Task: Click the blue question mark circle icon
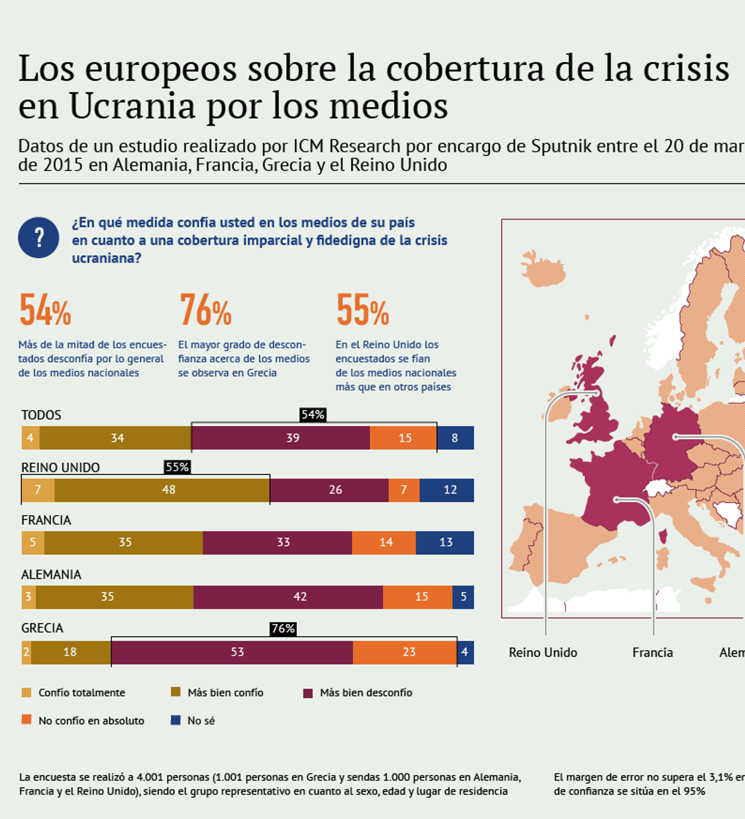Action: (38, 238)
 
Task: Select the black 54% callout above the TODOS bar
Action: (313, 415)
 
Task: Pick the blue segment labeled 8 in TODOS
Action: (455, 438)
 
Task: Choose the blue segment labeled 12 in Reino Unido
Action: (447, 490)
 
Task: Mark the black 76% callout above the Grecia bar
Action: (283, 629)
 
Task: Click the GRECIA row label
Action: (42, 628)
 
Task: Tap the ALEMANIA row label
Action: (51, 575)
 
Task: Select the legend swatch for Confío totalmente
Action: (26, 692)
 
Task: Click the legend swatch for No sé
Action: (175, 720)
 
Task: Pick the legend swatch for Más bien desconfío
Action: (308, 693)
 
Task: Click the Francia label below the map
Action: (652, 653)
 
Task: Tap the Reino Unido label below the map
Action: (543, 653)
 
